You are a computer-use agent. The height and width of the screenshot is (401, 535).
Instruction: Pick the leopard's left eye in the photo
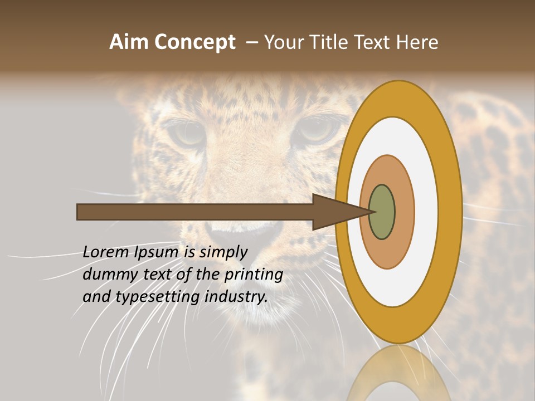pos(187,133)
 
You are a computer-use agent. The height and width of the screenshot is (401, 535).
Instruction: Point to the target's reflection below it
pos(398,373)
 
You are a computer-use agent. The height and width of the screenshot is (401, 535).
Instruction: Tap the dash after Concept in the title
pos(252,42)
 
